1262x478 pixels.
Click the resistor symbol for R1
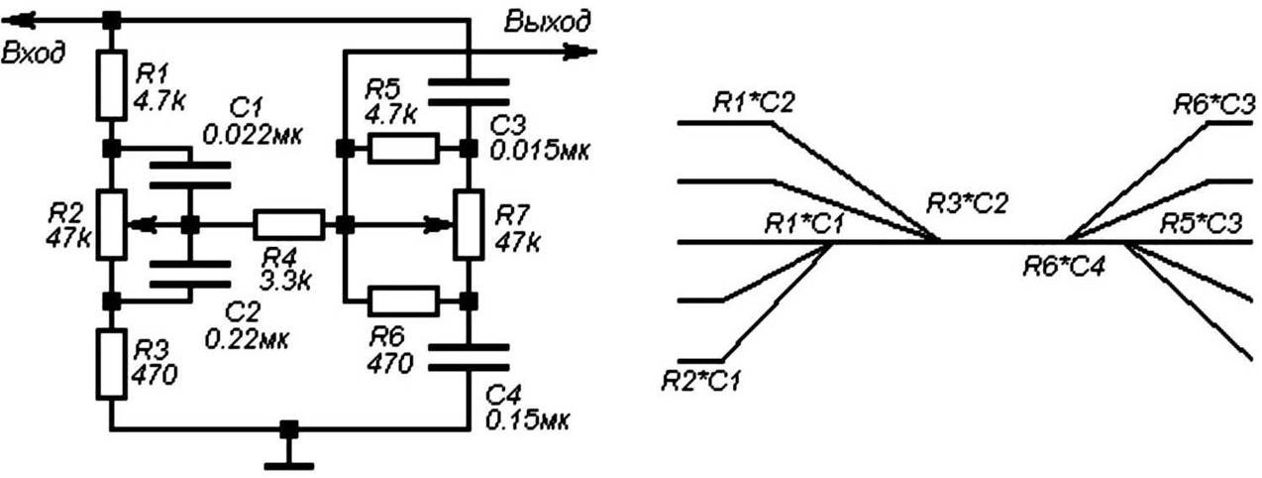pos(110,85)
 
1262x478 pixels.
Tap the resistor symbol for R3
pos(112,365)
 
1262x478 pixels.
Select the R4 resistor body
pos(289,224)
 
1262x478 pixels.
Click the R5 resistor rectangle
pos(403,149)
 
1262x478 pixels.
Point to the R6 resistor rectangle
pos(403,300)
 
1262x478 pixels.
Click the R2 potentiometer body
pos(111,225)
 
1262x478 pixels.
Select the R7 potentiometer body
pos(469,224)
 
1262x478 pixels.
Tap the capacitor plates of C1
pos(190,175)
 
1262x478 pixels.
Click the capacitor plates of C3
pos(469,92)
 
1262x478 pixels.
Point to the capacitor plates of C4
pos(469,357)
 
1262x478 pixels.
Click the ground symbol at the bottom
pos(289,465)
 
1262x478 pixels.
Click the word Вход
pos(33,53)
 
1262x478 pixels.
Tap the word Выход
pos(548,21)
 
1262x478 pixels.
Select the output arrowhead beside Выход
pos(579,52)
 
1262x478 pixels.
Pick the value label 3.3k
pos(286,280)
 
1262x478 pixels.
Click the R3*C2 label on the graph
pos(966,203)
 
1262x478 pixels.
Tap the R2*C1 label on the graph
pos(700,381)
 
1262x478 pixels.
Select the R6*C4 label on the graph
pos(1064,265)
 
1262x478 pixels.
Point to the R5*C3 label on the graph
pos(1201,223)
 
